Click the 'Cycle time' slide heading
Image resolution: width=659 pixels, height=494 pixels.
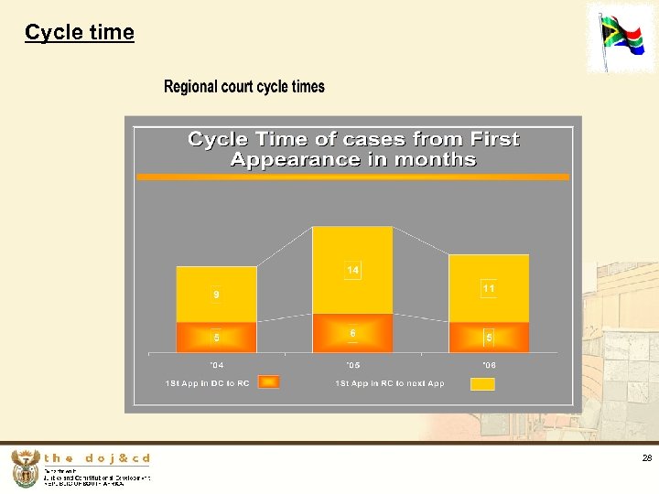click(80, 33)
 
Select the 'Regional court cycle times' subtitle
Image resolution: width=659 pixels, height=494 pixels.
click(243, 87)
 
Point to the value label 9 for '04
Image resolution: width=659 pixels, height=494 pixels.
click(216, 295)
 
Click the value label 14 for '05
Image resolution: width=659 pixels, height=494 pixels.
click(352, 270)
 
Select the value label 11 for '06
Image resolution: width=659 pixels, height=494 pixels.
click(489, 288)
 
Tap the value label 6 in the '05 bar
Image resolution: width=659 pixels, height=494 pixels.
click(352, 334)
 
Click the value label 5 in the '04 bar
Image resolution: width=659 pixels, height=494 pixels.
click(216, 338)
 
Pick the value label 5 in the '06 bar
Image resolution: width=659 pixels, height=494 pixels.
click(489, 338)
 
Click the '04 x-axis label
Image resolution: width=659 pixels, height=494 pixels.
click(216, 364)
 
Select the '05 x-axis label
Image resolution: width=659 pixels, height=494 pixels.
click(352, 364)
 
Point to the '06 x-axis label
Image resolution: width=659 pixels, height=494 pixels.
click(489, 364)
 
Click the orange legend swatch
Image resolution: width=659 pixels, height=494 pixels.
click(268, 382)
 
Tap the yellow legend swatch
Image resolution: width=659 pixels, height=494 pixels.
click(482, 383)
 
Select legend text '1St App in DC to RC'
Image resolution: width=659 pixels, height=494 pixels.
click(207, 383)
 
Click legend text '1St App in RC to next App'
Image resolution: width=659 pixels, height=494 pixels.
click(390, 383)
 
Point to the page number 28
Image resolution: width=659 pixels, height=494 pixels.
click(646, 458)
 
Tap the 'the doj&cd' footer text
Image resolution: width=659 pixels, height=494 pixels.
click(96, 458)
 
